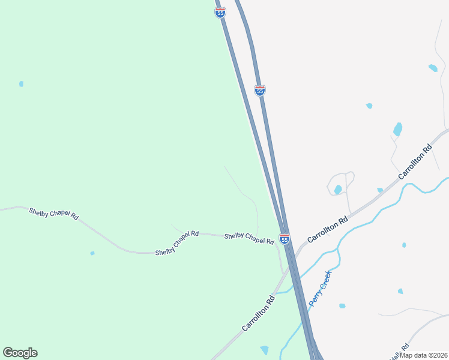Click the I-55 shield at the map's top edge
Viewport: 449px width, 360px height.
coord(220,12)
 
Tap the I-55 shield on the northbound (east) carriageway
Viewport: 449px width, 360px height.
coord(260,90)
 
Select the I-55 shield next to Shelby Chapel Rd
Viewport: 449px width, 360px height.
coord(285,239)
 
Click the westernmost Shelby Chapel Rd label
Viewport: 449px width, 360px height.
coord(53,212)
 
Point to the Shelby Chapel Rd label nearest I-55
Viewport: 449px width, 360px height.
coord(249,238)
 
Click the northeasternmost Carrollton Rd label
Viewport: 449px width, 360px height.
coord(415,162)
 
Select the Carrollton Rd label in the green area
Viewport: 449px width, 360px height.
coord(258,313)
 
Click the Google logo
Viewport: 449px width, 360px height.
coord(20,353)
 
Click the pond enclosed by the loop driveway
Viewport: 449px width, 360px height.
coord(338,190)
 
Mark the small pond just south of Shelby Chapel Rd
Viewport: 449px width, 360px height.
coord(92,253)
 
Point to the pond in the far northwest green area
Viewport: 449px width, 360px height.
coord(21,84)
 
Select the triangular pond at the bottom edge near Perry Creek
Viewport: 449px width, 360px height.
coord(265,350)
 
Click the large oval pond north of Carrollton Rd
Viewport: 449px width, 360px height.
coord(397,129)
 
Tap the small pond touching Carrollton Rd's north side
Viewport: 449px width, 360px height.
coord(380,190)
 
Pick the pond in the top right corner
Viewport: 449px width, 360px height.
coord(433,68)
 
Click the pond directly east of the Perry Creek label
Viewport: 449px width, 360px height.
coord(342,306)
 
